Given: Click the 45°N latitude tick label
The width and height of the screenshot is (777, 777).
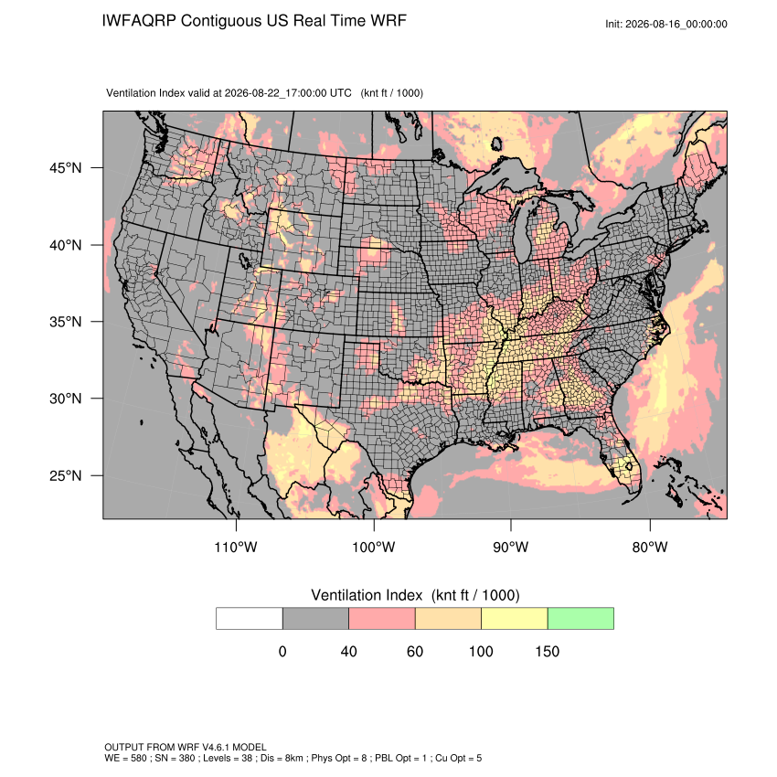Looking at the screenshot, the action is [65, 168].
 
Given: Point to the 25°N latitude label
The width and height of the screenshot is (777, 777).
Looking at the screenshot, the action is [65, 475].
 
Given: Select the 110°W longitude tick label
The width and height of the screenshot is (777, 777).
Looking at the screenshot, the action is [236, 547].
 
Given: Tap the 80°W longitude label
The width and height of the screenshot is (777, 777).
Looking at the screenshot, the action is [650, 547].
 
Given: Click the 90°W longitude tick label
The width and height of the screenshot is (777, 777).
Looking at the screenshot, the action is [510, 547].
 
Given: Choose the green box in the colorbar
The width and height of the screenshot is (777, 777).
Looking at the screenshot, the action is [580, 619].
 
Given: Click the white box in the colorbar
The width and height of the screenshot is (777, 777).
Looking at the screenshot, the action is [250, 619].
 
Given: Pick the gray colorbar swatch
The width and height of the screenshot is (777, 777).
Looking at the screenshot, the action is [315, 619].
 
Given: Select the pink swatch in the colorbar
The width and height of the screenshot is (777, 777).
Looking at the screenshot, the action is [382, 619].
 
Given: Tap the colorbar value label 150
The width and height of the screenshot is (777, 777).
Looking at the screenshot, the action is [547, 651].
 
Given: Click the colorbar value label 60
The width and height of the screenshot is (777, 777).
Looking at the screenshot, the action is [415, 651].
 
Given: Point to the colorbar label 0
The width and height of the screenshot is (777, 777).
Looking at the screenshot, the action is [282, 651].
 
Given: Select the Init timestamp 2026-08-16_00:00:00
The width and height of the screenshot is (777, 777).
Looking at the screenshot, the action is [676, 24].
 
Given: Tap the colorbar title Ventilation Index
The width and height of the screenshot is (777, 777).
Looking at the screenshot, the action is [367, 595].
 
